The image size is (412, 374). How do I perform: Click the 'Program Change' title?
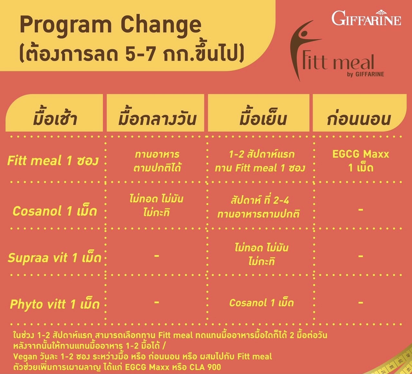tap(110, 25)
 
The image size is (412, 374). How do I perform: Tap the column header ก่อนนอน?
tap(359, 119)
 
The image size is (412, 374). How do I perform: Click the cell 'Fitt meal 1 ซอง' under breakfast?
tap(53, 160)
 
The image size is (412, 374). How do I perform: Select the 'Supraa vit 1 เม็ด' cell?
tap(55, 258)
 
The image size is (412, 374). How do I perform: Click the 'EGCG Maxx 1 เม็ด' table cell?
tap(360, 161)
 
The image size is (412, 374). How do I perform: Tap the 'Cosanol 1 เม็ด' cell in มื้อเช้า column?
tap(55, 211)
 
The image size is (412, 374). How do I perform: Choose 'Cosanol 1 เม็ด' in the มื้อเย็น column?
tap(261, 303)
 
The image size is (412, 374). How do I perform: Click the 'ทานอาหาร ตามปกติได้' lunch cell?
tap(157, 161)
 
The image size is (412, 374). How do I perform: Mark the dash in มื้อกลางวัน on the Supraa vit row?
tap(156, 256)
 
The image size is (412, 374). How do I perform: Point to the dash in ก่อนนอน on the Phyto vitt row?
tap(360, 302)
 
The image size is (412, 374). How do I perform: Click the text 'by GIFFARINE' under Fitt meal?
tap(366, 74)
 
